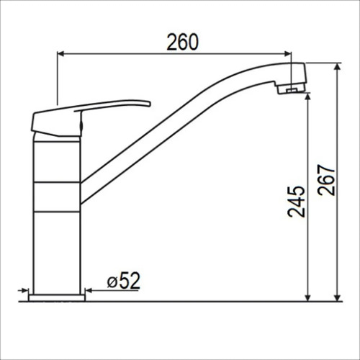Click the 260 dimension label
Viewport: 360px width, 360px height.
[183, 42]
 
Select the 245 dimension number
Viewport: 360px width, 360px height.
[297, 202]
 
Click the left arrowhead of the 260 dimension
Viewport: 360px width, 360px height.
[61, 54]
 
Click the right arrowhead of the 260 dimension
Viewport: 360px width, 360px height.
[287, 54]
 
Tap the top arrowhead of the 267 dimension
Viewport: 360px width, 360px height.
[338, 68]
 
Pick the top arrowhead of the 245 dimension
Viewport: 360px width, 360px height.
[308, 96]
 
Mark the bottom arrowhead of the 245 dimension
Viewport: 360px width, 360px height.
[308, 297]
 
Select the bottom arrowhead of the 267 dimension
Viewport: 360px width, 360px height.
[338, 297]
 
